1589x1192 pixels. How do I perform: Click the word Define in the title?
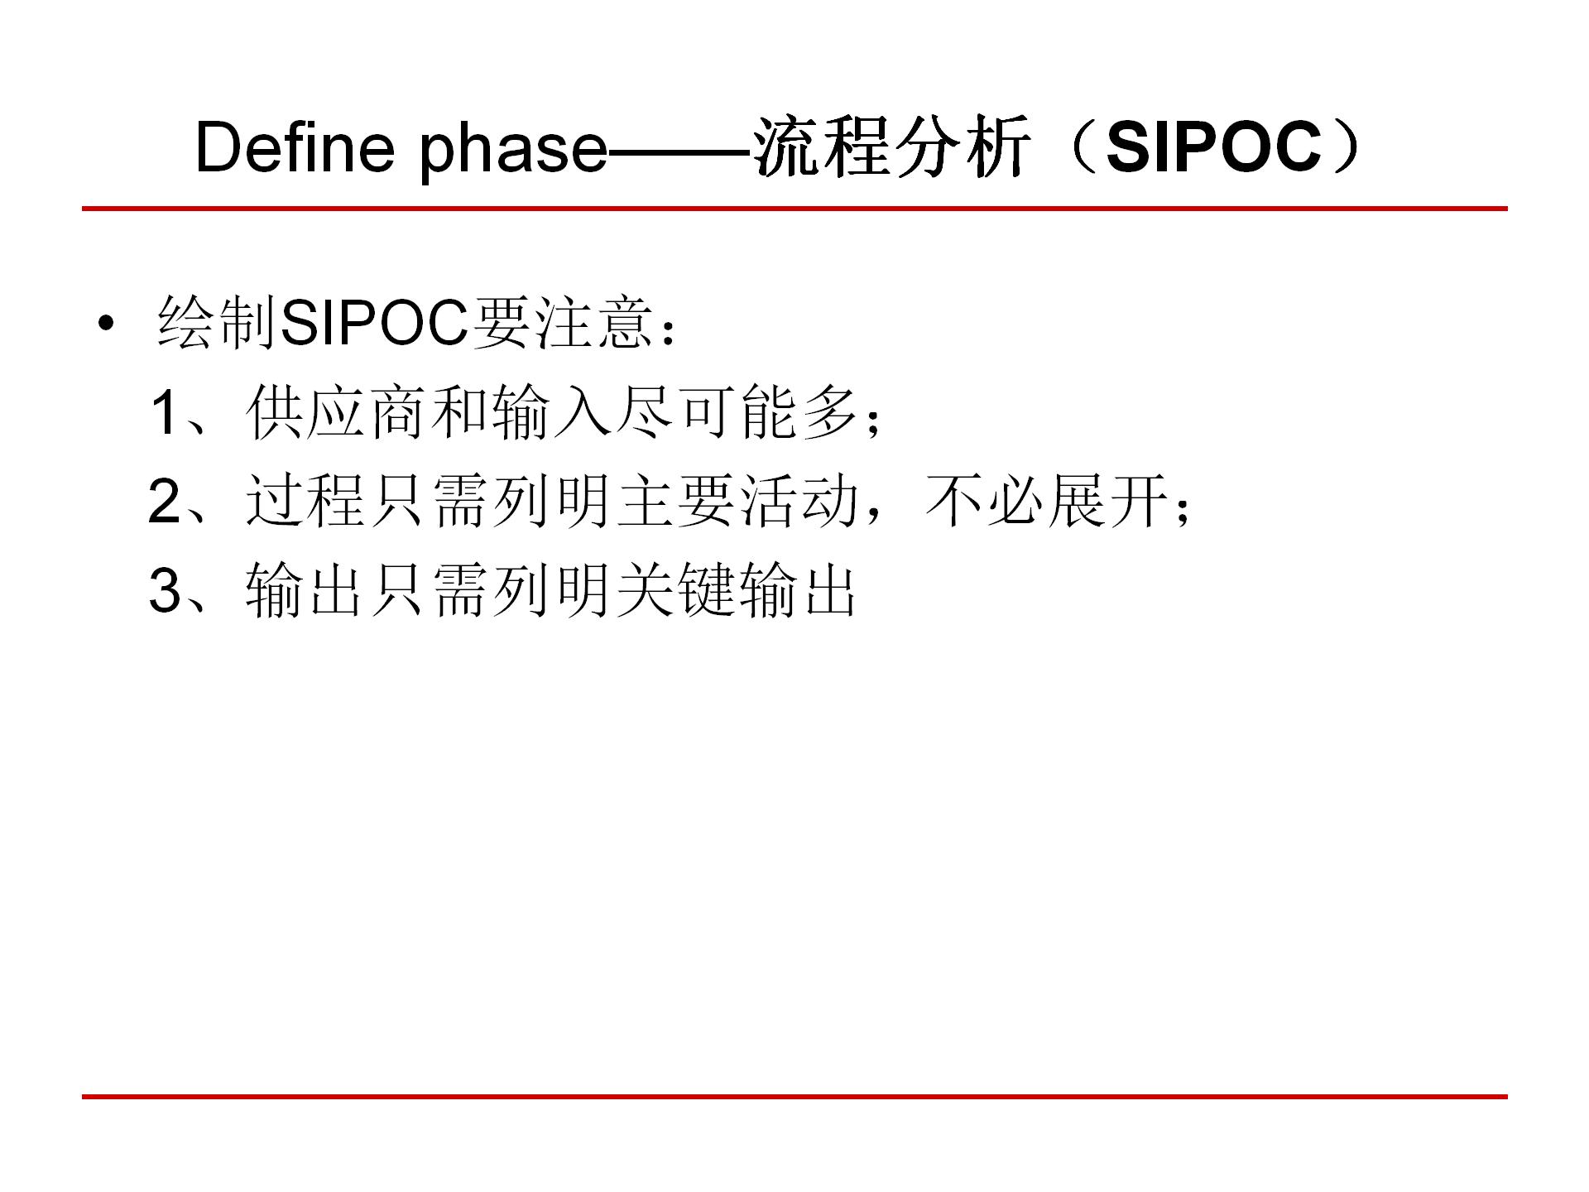[295, 146]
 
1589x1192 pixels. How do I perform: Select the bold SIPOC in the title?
[1213, 146]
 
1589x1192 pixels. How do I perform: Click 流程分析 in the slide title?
[894, 147]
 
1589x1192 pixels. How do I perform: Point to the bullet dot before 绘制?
[104, 324]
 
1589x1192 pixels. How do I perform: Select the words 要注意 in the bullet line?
[561, 323]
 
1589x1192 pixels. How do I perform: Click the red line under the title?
[794, 209]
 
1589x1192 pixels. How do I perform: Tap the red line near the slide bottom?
[794, 1097]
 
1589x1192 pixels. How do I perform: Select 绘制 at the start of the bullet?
[217, 323]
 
